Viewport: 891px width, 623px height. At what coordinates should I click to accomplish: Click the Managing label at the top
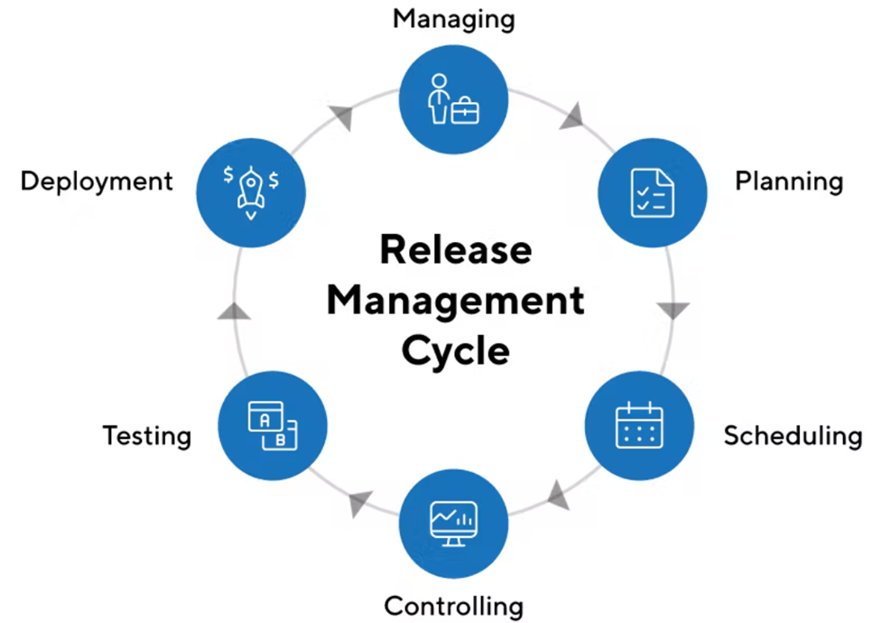coord(453,18)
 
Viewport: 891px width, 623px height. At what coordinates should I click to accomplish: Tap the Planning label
coord(788,181)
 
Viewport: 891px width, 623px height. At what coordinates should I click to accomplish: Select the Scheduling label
coord(793,436)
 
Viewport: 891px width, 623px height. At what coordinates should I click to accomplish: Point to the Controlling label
coord(453,605)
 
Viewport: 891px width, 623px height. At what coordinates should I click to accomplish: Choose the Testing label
coord(147,436)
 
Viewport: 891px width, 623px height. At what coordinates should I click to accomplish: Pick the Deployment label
coord(97,181)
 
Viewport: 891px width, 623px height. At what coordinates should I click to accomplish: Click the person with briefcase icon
coord(453,99)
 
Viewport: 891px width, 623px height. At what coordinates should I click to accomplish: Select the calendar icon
coord(638,424)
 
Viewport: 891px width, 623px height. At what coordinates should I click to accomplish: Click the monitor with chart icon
coord(453,522)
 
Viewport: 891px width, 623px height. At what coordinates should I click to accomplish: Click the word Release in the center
coord(455,248)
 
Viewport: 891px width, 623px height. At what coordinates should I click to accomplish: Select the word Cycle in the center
coord(455,349)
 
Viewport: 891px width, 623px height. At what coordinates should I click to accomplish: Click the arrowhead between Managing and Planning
coord(572,117)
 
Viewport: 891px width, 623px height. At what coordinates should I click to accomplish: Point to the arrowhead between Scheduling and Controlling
coord(558,495)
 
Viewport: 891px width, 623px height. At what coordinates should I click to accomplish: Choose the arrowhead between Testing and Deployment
coord(234,310)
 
